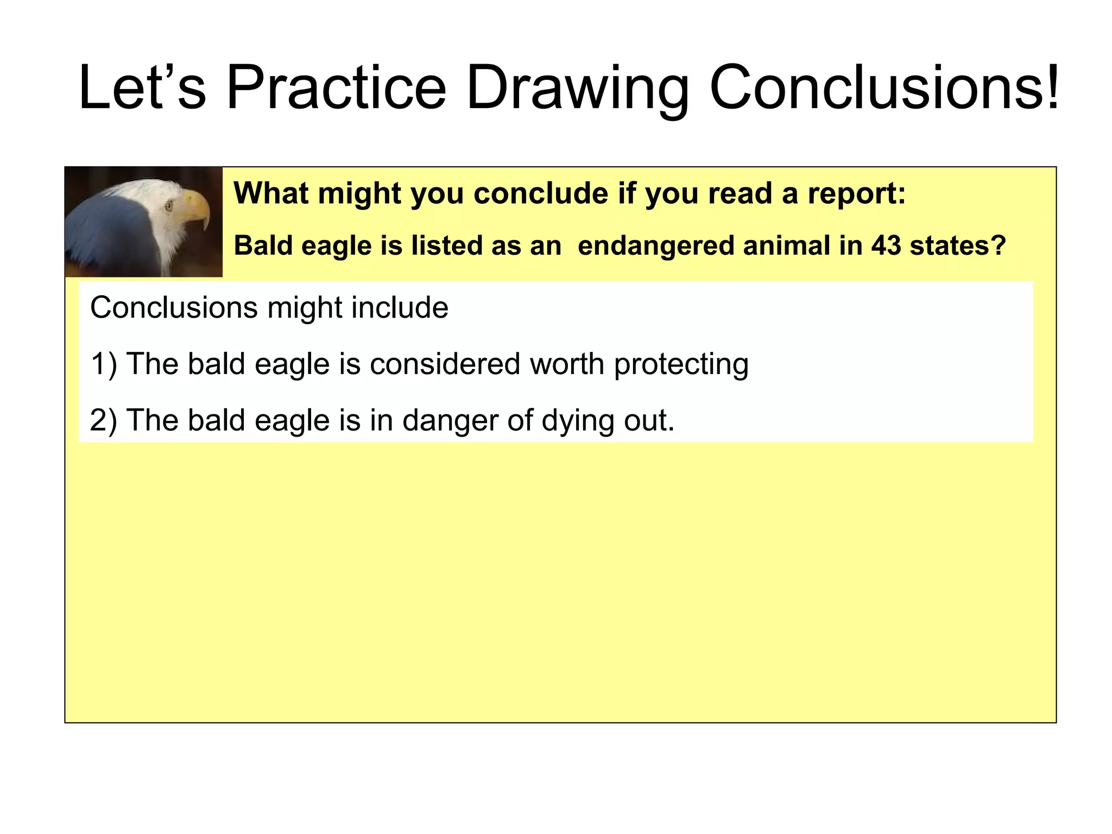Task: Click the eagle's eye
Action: tap(168, 205)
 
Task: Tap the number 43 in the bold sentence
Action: tap(886, 245)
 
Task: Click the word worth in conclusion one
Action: tap(567, 364)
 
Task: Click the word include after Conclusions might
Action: tap(400, 308)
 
